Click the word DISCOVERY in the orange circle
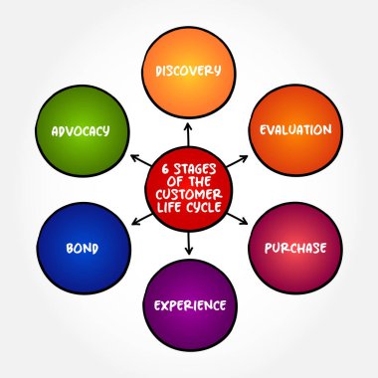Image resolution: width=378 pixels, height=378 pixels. click(x=189, y=71)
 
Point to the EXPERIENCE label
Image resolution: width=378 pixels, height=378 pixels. click(x=189, y=304)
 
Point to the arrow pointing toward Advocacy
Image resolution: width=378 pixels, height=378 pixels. click(x=138, y=159)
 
